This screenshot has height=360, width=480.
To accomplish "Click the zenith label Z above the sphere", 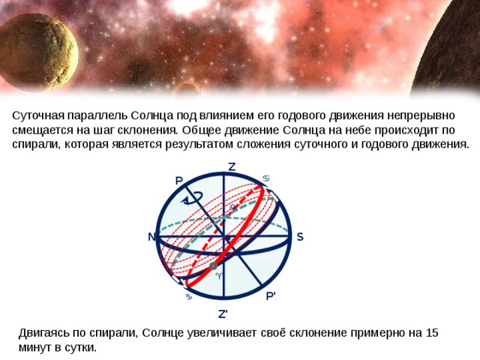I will [x=232, y=166].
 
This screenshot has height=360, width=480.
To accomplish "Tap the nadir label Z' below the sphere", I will [x=223, y=313].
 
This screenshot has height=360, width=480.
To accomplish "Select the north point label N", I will [x=151, y=237].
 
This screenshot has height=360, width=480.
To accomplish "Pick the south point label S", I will [x=299, y=236].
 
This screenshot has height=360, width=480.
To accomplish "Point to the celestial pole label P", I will [x=178, y=180].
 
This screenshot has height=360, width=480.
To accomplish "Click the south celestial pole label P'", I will [x=271, y=295].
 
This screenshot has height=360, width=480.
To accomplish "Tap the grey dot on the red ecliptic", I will [x=214, y=266].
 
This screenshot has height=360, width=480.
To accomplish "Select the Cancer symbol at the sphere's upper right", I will [x=266, y=178].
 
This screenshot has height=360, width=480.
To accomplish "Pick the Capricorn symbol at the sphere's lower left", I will [x=189, y=296].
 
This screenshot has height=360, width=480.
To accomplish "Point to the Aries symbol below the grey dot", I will [x=218, y=276].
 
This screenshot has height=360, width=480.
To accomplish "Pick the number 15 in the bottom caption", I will [x=431, y=333].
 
